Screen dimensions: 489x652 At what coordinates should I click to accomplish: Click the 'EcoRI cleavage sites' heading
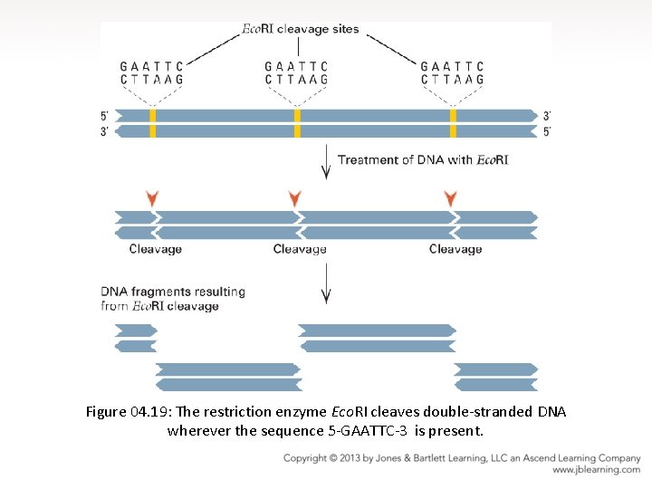click(300, 29)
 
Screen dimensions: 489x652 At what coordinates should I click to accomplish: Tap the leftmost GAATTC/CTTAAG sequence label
click(151, 73)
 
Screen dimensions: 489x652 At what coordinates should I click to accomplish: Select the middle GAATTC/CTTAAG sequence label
click(296, 73)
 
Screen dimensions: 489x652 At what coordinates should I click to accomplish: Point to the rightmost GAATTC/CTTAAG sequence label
click(452, 73)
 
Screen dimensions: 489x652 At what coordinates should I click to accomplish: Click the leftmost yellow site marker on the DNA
click(153, 123)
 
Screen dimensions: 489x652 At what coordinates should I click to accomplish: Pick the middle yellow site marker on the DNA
click(297, 123)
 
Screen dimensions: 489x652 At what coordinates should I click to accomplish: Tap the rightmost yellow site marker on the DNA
click(453, 123)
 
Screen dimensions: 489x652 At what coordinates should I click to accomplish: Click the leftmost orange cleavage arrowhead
click(152, 197)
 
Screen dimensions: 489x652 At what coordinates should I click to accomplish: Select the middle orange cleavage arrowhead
click(293, 197)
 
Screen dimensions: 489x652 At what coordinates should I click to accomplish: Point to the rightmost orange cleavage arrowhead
click(450, 197)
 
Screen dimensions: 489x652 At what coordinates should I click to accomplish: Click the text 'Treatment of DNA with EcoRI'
click(423, 160)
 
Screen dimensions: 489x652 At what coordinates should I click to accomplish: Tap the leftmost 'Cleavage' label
click(155, 249)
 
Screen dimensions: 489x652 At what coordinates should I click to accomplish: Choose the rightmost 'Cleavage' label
click(455, 249)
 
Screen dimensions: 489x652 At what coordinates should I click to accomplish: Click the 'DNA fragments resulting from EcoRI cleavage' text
click(172, 299)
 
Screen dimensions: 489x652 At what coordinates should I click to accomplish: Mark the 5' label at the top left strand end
click(105, 116)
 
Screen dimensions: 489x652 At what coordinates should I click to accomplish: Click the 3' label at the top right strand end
click(546, 116)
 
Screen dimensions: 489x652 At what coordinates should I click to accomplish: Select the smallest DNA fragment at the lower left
click(135, 339)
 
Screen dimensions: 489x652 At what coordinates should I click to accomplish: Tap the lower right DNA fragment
click(495, 377)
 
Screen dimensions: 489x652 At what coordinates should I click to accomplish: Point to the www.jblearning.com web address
click(596, 470)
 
